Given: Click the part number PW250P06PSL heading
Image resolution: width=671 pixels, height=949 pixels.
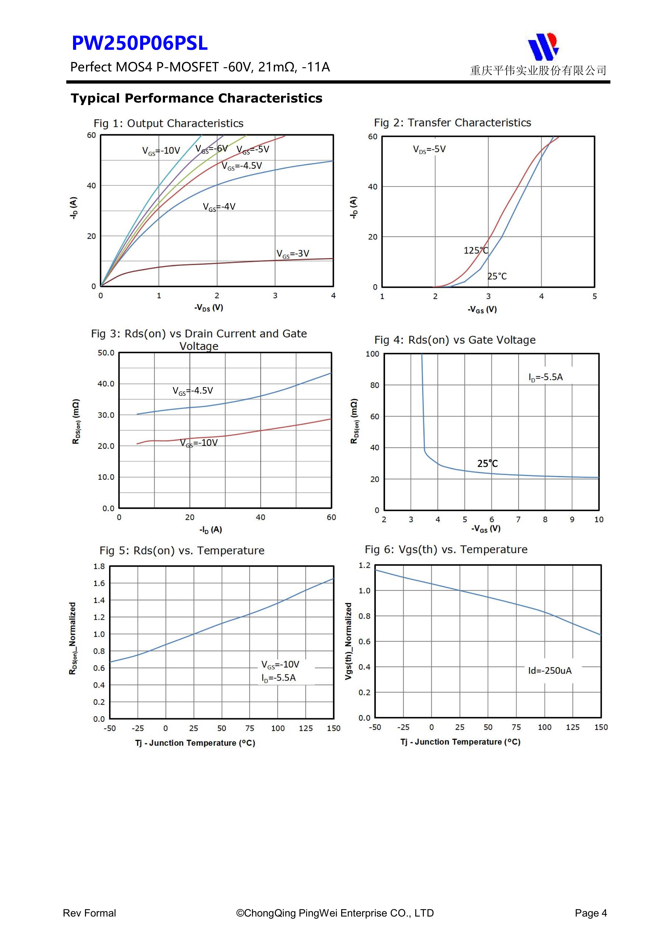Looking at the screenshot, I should pos(139,43).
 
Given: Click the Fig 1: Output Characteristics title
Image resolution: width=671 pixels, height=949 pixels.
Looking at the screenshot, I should pos(168,123).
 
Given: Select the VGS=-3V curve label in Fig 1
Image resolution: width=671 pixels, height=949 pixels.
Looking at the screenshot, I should pos(293,254).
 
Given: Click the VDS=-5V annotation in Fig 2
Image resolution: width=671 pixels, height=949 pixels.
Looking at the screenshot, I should pos(429,150).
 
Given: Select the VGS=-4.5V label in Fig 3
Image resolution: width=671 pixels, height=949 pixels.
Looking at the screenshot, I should pos(193,391).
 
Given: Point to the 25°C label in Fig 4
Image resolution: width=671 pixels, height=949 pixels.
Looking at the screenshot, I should pos(488,464).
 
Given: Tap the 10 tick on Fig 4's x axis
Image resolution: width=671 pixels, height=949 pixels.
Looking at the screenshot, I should pos(599,520).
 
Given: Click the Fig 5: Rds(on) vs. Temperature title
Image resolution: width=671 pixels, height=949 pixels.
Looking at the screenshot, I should pos(182,551).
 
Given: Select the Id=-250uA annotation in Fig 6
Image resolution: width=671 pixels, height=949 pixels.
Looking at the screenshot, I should pos(550,670).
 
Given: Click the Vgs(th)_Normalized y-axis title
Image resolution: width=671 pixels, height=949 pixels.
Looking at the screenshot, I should pos(348,641).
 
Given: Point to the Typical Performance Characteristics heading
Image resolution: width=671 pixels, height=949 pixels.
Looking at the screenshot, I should pos(196,98).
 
